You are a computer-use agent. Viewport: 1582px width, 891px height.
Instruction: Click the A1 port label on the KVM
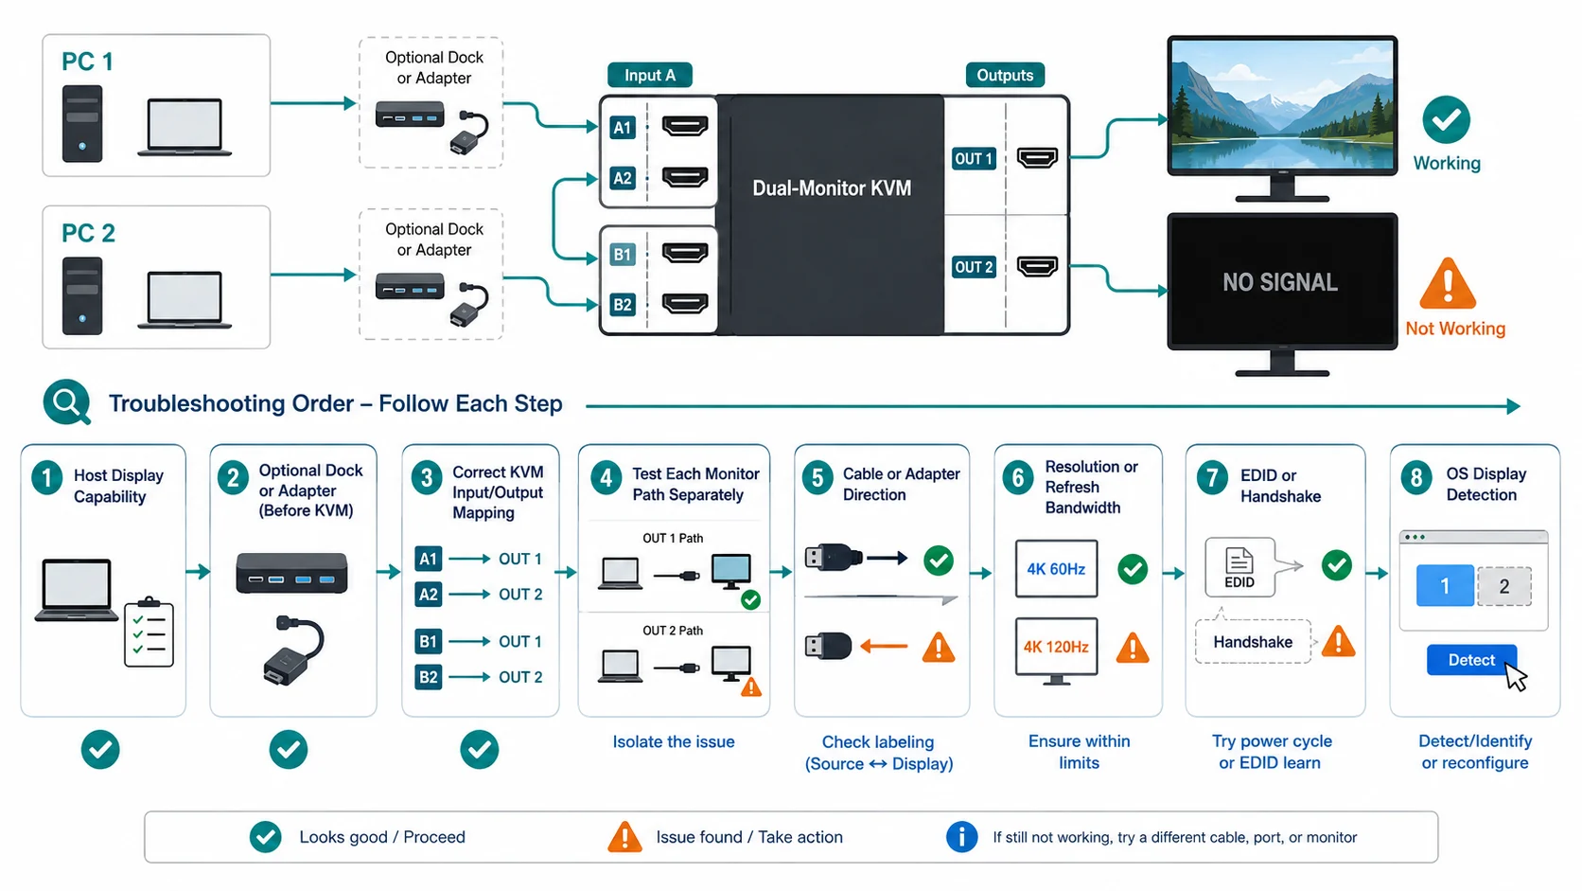pos(623,127)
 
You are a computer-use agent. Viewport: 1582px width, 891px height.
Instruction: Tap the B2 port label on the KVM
pos(623,305)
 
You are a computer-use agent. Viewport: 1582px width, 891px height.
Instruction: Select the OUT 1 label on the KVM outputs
pos(974,159)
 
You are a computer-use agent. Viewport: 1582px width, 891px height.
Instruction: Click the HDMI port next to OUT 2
pos(1037,266)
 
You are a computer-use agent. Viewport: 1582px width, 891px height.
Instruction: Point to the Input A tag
pos(650,75)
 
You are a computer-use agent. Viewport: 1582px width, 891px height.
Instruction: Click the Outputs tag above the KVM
pos(1005,75)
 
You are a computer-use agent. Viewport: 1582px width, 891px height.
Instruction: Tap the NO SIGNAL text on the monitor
pos(1280,282)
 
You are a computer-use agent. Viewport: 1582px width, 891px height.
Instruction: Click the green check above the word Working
pos(1447,119)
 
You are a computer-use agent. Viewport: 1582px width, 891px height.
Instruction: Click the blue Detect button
pos(1471,660)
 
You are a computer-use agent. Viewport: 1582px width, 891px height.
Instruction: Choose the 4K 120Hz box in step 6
pos(1057,647)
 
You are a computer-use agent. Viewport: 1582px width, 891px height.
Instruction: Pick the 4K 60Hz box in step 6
pos(1057,569)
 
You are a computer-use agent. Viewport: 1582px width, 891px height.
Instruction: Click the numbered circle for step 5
pos(817,478)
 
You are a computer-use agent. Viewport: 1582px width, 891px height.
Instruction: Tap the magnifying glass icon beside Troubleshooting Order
pos(67,402)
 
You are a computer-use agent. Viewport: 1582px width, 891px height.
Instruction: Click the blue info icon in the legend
pos(961,837)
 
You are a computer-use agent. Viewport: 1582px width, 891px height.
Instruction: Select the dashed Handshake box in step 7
pos(1253,642)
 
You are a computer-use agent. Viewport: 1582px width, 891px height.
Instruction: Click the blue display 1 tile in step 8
pos(1445,586)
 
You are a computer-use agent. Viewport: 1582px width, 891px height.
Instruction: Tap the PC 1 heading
pos(88,62)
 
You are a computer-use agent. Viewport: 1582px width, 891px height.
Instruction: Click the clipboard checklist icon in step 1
pos(149,632)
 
